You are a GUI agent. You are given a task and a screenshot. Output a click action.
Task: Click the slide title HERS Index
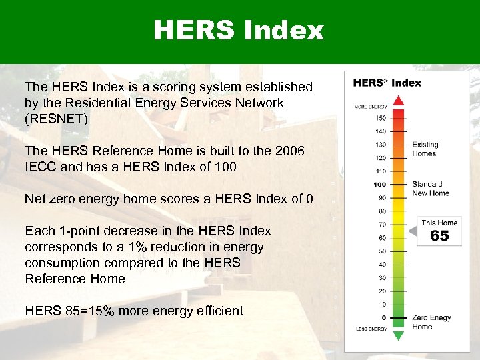pos(239,31)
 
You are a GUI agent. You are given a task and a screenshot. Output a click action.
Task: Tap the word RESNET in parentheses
pos(56,119)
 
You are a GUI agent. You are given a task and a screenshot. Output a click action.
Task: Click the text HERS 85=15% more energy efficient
pos(134,311)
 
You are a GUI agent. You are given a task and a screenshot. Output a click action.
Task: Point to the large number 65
pos(439,236)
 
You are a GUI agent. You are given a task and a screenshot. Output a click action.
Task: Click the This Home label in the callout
pos(439,223)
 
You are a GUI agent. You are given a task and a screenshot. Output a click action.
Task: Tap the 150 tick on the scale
pos(380,118)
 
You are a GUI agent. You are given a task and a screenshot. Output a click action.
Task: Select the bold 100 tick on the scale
pos(379,185)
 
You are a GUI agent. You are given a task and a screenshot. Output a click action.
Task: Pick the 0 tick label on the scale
pos(383,318)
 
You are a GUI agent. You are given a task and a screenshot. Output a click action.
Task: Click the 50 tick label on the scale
pos(382,251)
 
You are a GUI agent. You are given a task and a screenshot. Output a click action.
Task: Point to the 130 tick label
pos(380,145)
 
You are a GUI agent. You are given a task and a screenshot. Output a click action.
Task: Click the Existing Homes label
pos(425,149)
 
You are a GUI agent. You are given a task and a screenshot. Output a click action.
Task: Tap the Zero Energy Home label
pos(431,322)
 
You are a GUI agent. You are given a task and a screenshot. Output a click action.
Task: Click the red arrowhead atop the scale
pos(398,101)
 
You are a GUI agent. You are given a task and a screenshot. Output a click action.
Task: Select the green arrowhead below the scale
pos(398,335)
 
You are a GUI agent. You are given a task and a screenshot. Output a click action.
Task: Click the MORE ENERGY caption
pos(370,106)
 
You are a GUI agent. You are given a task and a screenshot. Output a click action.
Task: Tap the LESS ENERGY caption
pos(371,329)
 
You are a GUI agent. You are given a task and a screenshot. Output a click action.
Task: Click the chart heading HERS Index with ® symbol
pos(387,83)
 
